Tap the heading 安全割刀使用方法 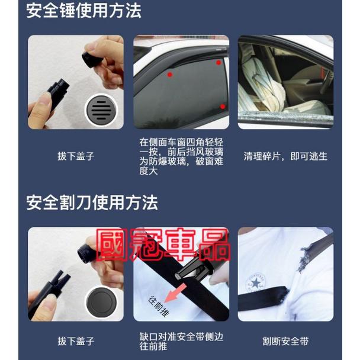92,203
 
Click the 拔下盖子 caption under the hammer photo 76,157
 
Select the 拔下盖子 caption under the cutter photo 76,341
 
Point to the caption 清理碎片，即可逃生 285,157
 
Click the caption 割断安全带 285,341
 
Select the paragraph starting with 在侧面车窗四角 181,157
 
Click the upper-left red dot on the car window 170,75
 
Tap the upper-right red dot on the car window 218,62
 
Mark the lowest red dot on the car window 222,107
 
